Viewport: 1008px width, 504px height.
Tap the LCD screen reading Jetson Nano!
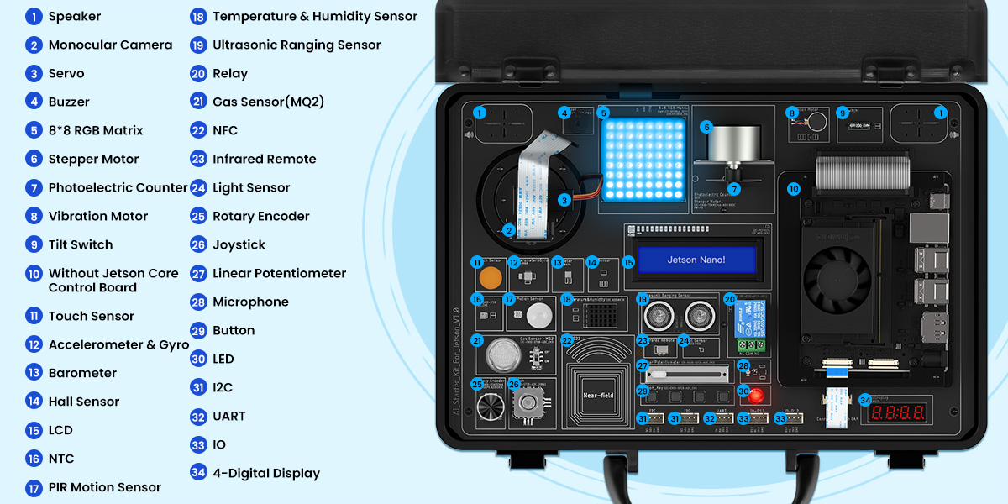click(696, 260)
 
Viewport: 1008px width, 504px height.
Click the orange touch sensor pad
click(490, 277)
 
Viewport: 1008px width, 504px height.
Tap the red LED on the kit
click(756, 395)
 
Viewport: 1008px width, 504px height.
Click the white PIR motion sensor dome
click(537, 315)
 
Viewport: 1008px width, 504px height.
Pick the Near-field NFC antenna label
click(600, 395)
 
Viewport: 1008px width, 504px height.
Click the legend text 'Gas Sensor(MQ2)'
click(268, 102)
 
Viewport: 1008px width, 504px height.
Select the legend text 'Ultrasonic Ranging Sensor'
click(297, 45)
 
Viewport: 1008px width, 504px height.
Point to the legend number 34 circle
click(198, 473)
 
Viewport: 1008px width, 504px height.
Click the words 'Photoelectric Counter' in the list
click(118, 187)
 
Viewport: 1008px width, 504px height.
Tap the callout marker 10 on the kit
click(794, 190)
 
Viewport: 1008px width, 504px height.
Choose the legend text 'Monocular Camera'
click(110, 45)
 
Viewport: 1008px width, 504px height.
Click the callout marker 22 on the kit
click(567, 340)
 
